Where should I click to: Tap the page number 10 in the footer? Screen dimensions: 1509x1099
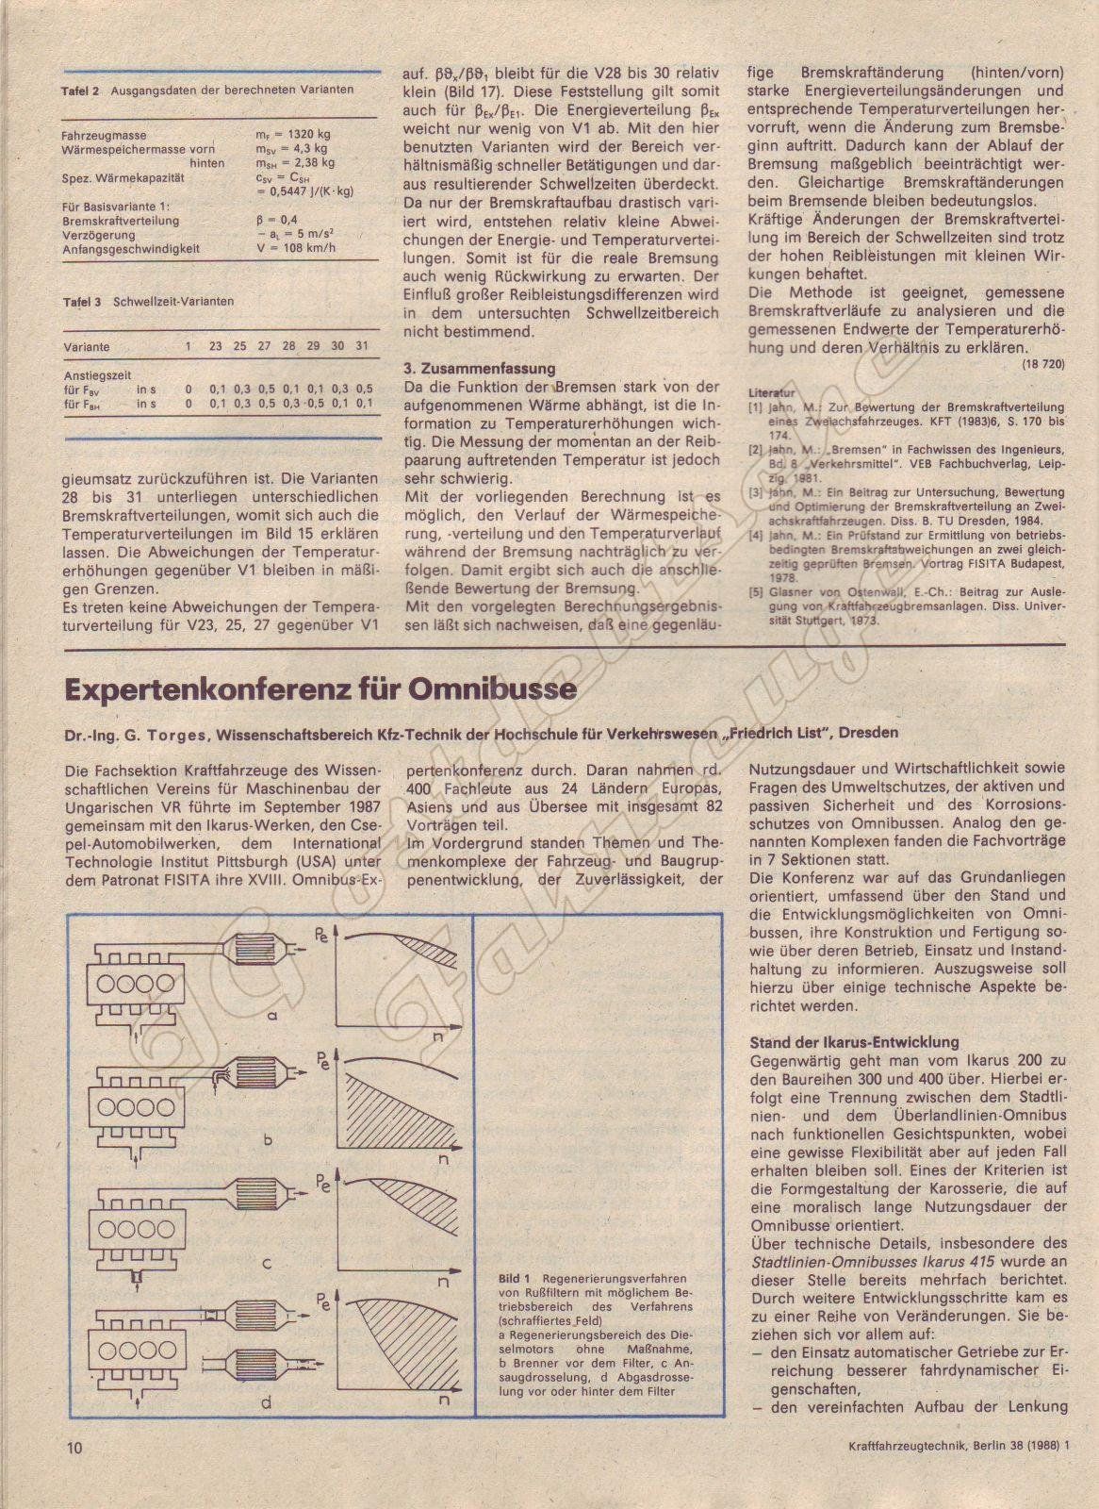[x=75, y=1446]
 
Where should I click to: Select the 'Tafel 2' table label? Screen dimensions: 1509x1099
[x=81, y=91]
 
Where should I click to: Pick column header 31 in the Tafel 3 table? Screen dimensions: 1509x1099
[x=363, y=346]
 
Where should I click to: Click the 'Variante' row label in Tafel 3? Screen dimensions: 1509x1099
[x=86, y=347]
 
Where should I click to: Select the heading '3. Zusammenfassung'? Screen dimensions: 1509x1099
[x=479, y=368]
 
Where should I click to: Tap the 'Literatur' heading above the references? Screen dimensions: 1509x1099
[x=772, y=391]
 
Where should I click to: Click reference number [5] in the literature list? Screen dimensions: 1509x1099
[x=756, y=592]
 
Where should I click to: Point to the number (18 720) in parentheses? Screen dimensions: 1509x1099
[x=1042, y=363]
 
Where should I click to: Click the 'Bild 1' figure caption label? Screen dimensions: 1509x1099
[x=516, y=1278]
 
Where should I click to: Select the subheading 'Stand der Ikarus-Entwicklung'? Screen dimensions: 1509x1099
[x=853, y=1042]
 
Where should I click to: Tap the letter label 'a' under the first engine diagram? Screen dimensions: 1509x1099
[x=271, y=1016]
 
